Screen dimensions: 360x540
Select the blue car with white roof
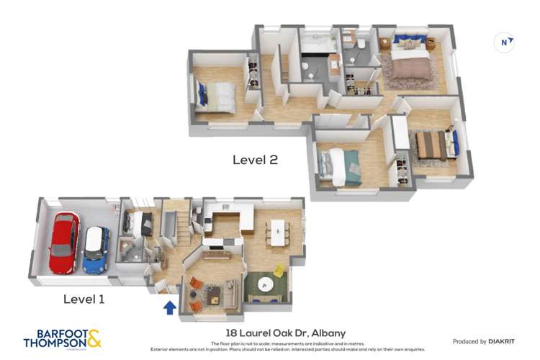tap(95, 250)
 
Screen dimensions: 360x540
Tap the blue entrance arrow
tap(169, 307)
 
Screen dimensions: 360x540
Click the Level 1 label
tap(84, 299)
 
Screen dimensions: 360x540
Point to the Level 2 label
tap(255, 160)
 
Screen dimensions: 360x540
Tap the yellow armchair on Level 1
tap(279, 271)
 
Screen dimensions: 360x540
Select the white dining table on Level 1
tap(277, 233)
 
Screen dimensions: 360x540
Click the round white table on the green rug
tap(264, 282)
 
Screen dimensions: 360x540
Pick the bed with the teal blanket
tap(340, 166)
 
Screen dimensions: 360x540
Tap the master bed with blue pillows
tap(410, 60)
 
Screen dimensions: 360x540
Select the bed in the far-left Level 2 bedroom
tap(215, 96)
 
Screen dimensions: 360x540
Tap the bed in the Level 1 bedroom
tap(140, 222)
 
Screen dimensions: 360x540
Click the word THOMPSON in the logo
tap(55, 343)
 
